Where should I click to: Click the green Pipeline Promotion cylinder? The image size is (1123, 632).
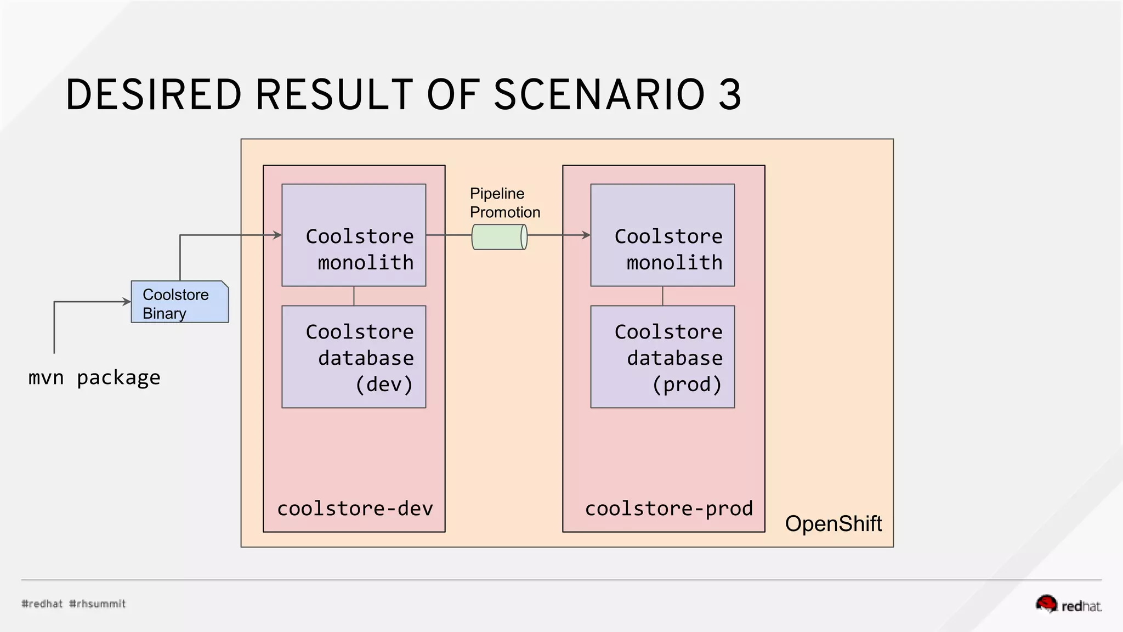[x=499, y=237]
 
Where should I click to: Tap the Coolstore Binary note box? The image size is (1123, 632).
[x=179, y=302]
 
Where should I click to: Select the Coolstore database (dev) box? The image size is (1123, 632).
[x=354, y=357]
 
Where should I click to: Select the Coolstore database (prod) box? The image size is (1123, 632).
[x=662, y=357]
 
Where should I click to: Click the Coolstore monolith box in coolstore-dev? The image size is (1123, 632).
[x=354, y=235]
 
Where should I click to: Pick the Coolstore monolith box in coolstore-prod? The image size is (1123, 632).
[x=662, y=235]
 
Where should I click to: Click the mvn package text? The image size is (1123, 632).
[x=94, y=378]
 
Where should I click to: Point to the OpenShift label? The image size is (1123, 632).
[x=833, y=524]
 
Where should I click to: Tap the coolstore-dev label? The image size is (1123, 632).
[x=355, y=509]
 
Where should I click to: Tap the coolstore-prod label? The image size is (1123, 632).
[x=668, y=509]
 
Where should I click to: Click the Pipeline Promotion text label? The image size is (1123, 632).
[x=504, y=203]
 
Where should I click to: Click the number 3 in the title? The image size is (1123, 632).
[x=730, y=94]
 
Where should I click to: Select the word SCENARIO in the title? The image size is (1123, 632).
[x=599, y=94]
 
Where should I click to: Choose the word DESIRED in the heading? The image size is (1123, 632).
[x=154, y=94]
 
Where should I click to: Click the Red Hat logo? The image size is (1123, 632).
[x=1068, y=605]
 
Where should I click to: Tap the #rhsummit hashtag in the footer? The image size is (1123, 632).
[x=98, y=604]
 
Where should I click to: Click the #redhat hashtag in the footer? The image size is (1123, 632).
[x=42, y=604]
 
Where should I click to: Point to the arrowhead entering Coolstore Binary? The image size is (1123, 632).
[x=127, y=302]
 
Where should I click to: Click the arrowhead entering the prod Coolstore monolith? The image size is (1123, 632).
[x=586, y=235]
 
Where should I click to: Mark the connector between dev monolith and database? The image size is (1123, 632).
[x=354, y=296]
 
